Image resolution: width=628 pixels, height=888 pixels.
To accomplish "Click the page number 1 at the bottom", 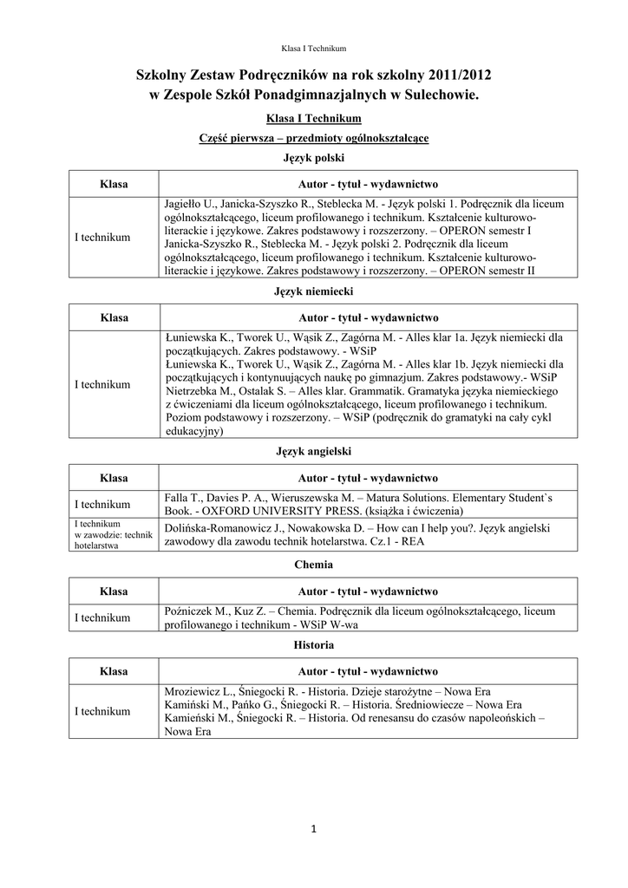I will (x=314, y=831).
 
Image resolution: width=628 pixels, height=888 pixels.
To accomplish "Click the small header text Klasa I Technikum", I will (x=314, y=49).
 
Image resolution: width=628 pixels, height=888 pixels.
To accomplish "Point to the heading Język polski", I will (x=314, y=158).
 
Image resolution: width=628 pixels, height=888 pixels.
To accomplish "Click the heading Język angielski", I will (x=314, y=452).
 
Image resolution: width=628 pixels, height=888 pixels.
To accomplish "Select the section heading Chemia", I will (x=314, y=565).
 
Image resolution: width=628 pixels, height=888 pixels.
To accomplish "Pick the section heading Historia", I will (x=314, y=645).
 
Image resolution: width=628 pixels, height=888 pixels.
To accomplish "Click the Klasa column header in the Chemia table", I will (x=114, y=591).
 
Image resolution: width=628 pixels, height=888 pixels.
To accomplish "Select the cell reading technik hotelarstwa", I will (x=114, y=535).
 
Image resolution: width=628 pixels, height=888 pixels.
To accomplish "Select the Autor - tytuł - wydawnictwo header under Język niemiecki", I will (x=368, y=317).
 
